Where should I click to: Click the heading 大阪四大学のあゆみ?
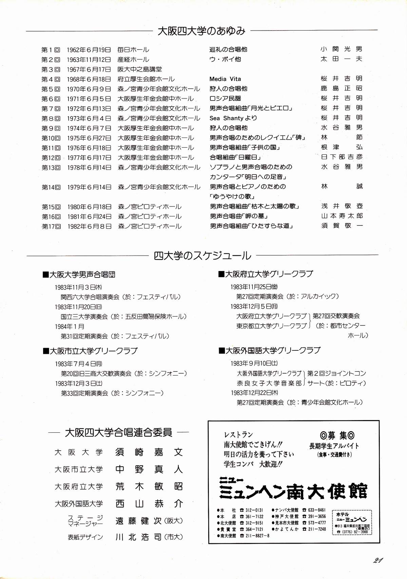coord(201,31)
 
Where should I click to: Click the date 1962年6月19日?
coord(89,50)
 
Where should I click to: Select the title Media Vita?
coord(225,79)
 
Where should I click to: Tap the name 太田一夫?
coord(342,59)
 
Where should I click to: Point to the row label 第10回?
coord(51,138)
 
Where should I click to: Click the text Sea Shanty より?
coord(233,118)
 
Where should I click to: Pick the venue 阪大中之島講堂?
coord(140,69)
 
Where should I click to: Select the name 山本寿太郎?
coord(342,216)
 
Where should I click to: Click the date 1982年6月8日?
coord(89,226)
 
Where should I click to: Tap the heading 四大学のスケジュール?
coord(202,256)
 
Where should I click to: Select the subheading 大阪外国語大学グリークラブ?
coord(270,350)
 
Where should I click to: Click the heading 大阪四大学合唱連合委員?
coord(118,433)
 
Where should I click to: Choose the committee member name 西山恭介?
coord(149,504)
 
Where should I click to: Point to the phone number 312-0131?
coord(254,510)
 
